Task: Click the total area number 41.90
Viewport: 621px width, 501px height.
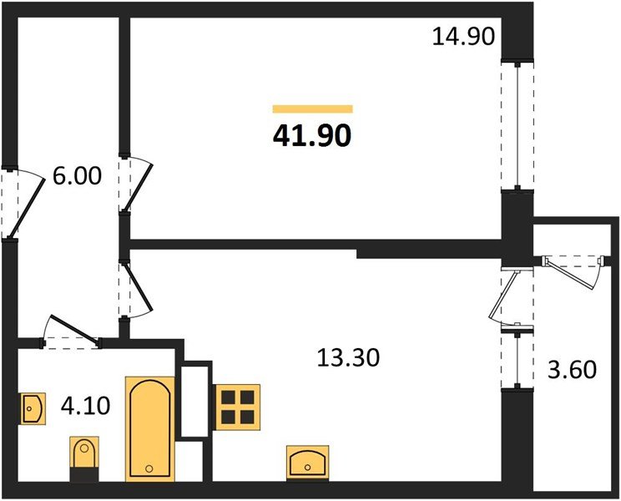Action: (x=312, y=134)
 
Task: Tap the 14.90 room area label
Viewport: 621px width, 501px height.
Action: (x=464, y=38)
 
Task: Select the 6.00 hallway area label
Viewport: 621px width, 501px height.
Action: (x=77, y=177)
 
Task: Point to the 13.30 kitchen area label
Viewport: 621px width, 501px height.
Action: (x=348, y=358)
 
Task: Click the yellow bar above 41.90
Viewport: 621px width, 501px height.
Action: (x=312, y=109)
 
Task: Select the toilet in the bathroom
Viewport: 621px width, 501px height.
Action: (x=83, y=458)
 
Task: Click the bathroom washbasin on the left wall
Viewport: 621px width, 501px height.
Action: (x=32, y=409)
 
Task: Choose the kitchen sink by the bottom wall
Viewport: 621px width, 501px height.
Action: (x=307, y=461)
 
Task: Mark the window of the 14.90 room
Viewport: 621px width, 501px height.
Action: (x=517, y=126)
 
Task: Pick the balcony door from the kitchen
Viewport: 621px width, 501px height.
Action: (x=512, y=296)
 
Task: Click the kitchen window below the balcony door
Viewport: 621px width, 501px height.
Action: (x=517, y=359)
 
